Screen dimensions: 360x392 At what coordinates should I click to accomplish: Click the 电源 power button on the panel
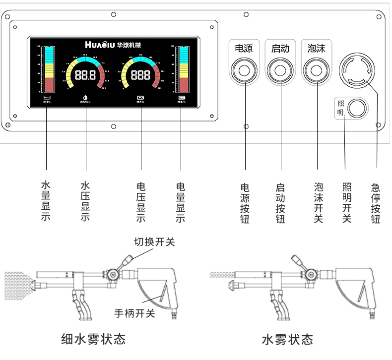click(244, 70)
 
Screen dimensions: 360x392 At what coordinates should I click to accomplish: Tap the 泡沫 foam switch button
click(316, 70)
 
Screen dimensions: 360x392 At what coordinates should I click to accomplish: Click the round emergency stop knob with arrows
click(357, 70)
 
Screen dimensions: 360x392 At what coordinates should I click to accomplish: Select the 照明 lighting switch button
click(357, 109)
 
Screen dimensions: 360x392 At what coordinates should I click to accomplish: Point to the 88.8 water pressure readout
click(85, 75)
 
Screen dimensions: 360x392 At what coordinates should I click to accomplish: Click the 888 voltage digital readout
click(140, 75)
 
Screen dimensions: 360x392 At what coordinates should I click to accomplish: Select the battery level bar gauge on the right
click(183, 69)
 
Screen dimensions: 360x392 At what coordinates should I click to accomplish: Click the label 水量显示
click(46, 201)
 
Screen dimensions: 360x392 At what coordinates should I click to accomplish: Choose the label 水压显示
click(85, 201)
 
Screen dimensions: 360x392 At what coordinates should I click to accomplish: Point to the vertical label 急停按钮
click(376, 203)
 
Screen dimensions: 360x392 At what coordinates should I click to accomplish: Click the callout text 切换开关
click(154, 242)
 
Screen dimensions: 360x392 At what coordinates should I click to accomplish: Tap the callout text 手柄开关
click(134, 313)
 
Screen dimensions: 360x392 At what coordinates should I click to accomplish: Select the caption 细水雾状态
click(93, 339)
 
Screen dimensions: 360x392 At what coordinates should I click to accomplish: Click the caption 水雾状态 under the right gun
click(287, 339)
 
